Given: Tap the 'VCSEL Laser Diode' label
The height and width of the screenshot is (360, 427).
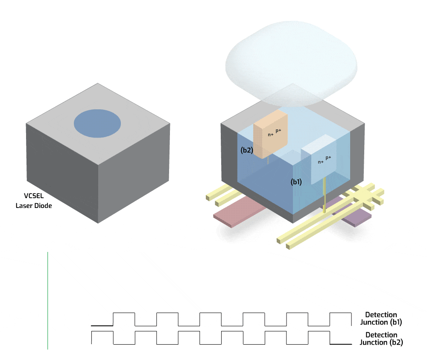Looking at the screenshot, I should [x=34, y=201].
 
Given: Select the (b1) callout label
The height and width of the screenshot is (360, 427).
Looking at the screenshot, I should [x=296, y=182].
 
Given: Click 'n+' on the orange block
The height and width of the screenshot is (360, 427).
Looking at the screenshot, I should [x=270, y=135].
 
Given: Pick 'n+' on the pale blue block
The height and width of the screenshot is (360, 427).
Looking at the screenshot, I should [x=320, y=162].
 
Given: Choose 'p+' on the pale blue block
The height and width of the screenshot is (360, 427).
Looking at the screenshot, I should [x=328, y=158].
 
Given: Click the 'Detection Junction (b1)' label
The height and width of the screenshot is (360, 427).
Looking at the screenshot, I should [x=381, y=319].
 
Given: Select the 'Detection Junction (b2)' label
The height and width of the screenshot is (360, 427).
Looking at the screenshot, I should [x=381, y=339].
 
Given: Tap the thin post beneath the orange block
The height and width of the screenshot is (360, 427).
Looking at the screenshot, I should [x=268, y=160].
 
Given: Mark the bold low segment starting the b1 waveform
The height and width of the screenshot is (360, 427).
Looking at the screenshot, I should [x=102, y=326].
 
